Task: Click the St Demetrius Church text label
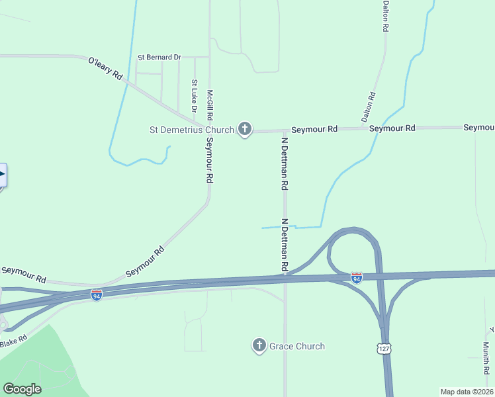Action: (192, 130)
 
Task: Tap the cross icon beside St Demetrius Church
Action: (245, 129)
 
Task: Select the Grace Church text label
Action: (297, 346)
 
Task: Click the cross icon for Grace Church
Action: (259, 345)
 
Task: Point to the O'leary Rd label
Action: (105, 69)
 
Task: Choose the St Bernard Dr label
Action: (159, 58)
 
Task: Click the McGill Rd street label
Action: (210, 105)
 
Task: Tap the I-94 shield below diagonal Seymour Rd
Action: (97, 294)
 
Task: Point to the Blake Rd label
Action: (13, 339)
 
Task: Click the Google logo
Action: (22, 389)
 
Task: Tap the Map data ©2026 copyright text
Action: (467, 392)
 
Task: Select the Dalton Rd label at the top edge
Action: (384, 17)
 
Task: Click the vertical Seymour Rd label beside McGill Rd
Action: (209, 159)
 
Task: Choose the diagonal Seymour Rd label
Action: (144, 262)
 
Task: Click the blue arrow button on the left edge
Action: (3, 176)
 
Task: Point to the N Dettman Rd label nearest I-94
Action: (284, 245)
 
